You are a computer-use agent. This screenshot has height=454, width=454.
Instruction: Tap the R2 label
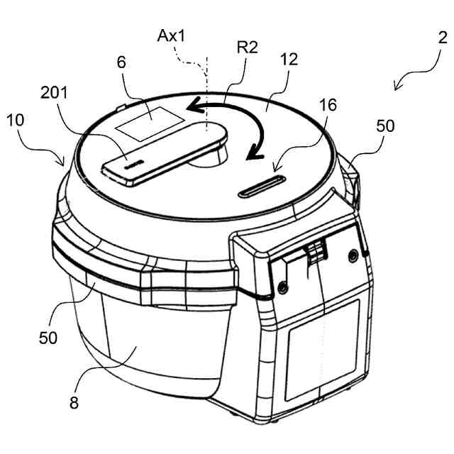248,49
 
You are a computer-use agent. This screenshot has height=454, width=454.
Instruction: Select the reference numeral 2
442,38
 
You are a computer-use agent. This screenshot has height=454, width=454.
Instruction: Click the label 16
327,106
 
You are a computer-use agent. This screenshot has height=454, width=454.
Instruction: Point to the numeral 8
74,403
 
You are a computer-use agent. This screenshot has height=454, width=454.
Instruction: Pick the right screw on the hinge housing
352,255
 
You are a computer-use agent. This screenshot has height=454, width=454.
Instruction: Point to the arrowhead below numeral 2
398,84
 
